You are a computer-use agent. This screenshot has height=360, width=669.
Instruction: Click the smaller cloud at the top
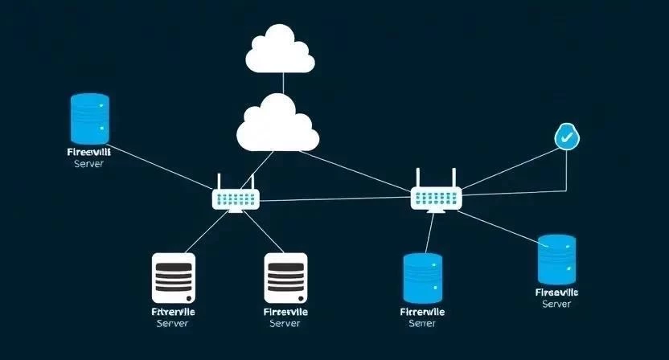click(x=279, y=50)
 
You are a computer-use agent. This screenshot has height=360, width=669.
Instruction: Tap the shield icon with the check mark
click(x=567, y=137)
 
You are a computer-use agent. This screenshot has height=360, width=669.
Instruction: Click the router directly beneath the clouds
click(x=235, y=198)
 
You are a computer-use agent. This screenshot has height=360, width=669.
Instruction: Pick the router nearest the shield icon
click(x=436, y=196)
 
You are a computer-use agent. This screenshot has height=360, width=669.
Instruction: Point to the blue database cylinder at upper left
click(x=89, y=117)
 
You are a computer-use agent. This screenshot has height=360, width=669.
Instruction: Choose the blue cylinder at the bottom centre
click(x=422, y=277)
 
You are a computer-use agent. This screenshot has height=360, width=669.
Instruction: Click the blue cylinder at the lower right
click(x=556, y=260)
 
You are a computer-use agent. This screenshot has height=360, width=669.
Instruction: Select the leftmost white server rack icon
click(x=173, y=278)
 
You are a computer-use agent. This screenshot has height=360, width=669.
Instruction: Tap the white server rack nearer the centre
click(x=285, y=278)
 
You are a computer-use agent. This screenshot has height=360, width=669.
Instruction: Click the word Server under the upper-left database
click(x=88, y=163)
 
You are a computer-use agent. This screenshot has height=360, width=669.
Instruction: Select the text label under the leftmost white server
click(x=173, y=317)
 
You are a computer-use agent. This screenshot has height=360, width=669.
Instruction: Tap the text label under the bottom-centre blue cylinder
click(x=421, y=317)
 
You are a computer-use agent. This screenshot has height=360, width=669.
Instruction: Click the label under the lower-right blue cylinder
click(x=556, y=298)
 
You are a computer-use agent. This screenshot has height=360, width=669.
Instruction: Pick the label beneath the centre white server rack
click(x=285, y=317)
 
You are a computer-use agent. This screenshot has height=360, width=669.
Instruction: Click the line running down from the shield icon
click(x=567, y=169)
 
